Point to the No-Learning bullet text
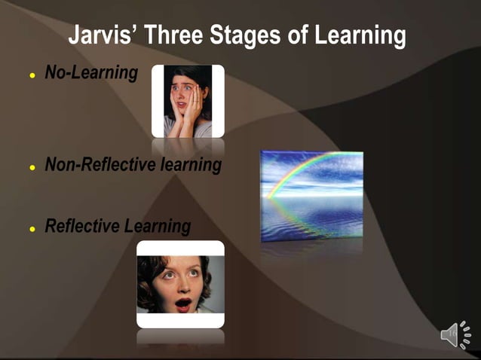tap(91, 73)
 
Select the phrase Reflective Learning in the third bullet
tap(118, 226)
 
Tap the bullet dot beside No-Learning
tap(32, 75)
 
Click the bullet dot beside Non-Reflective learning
tap(32, 166)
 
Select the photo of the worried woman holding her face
tap(188, 101)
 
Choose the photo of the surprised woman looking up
tap(180, 284)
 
